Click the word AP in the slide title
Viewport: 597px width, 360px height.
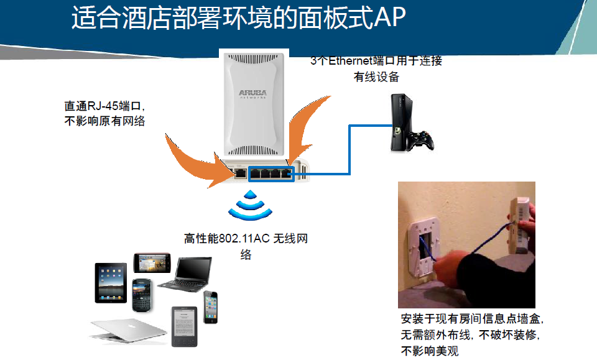(390, 19)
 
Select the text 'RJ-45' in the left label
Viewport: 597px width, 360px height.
(98, 106)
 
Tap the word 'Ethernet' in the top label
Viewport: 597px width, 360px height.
(353, 61)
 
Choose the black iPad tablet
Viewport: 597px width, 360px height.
(111, 282)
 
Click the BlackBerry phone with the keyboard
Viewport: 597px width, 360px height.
(142, 295)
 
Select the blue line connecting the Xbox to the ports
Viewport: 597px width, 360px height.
(349, 149)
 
